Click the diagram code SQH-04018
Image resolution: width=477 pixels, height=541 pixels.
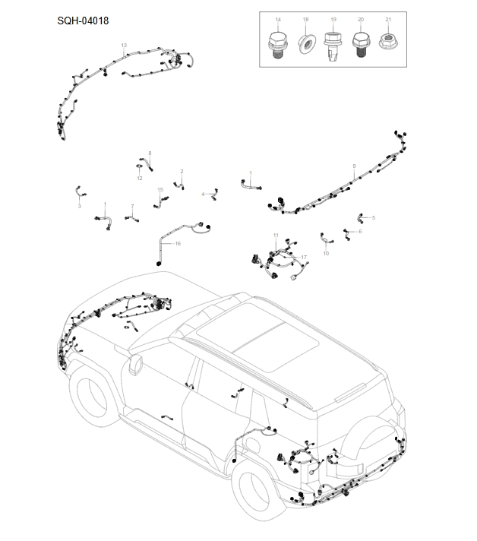pyautogui.click(x=83, y=21)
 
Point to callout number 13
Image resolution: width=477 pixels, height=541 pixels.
pyautogui.click(x=124, y=46)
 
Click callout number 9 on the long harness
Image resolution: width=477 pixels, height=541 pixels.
pyautogui.click(x=354, y=166)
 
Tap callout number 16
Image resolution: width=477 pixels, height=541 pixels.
pyautogui.click(x=178, y=244)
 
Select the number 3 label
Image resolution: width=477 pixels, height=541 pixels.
pyautogui.click(x=79, y=206)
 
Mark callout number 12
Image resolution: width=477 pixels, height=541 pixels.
pyautogui.click(x=140, y=178)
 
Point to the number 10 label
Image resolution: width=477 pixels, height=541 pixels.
pyautogui.click(x=326, y=253)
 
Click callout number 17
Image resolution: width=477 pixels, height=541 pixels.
pyautogui.click(x=304, y=258)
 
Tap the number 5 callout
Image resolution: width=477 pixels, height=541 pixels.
pyautogui.click(x=373, y=217)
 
